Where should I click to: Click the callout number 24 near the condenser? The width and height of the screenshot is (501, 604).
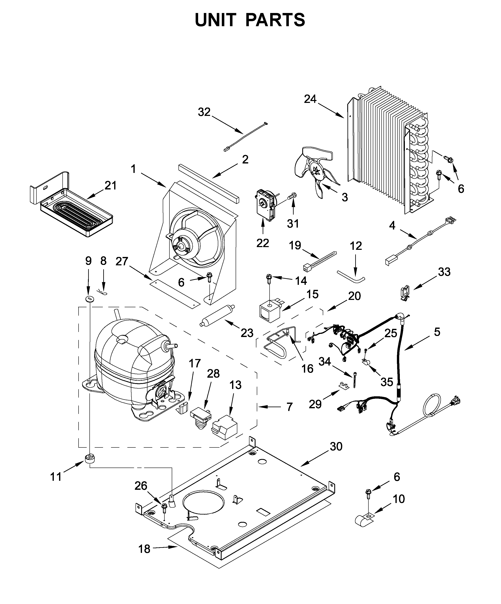pyautogui.click(x=310, y=99)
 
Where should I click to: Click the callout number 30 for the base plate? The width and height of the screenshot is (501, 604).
pyautogui.click(x=336, y=446)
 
